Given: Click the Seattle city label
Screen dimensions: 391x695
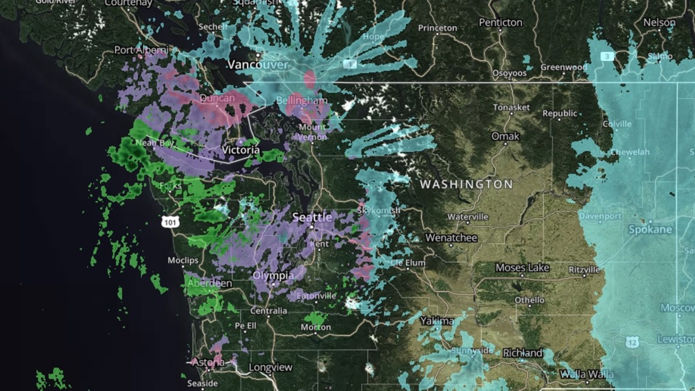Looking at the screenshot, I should pyautogui.click(x=312, y=217).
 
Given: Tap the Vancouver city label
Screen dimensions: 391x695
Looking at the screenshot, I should pyautogui.click(x=258, y=65).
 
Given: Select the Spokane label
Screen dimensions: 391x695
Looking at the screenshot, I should pyautogui.click(x=650, y=230).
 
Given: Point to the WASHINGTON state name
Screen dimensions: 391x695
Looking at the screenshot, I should pyautogui.click(x=466, y=184).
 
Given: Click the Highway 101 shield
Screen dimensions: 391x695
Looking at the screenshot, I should pyautogui.click(x=171, y=222).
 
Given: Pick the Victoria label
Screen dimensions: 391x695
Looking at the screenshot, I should pyautogui.click(x=240, y=149).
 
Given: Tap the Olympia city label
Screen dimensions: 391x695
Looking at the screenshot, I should pyautogui.click(x=273, y=276).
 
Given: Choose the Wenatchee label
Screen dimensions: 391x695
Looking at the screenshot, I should pyautogui.click(x=451, y=237).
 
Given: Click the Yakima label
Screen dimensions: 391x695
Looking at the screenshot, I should pyautogui.click(x=437, y=321).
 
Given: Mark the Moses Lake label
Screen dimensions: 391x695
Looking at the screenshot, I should pyautogui.click(x=522, y=268).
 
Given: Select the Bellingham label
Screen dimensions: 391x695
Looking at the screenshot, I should pyautogui.click(x=302, y=100).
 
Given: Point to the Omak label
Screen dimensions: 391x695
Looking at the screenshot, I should pyautogui.click(x=505, y=136).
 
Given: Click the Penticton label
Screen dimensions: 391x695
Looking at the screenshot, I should pyautogui.click(x=501, y=23).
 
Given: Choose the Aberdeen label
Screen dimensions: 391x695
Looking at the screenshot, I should pyautogui.click(x=209, y=283).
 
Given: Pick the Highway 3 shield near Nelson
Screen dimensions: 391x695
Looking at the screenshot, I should pyautogui.click(x=607, y=57).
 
